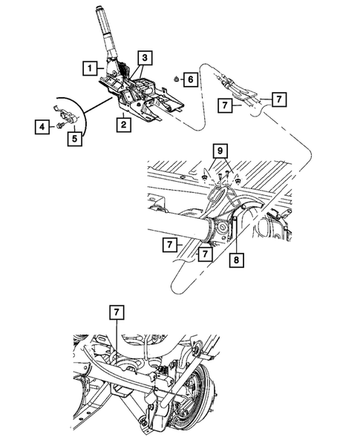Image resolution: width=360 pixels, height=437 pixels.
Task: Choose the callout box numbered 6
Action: [190, 79]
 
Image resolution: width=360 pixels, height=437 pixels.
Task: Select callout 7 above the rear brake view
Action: [117, 312]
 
